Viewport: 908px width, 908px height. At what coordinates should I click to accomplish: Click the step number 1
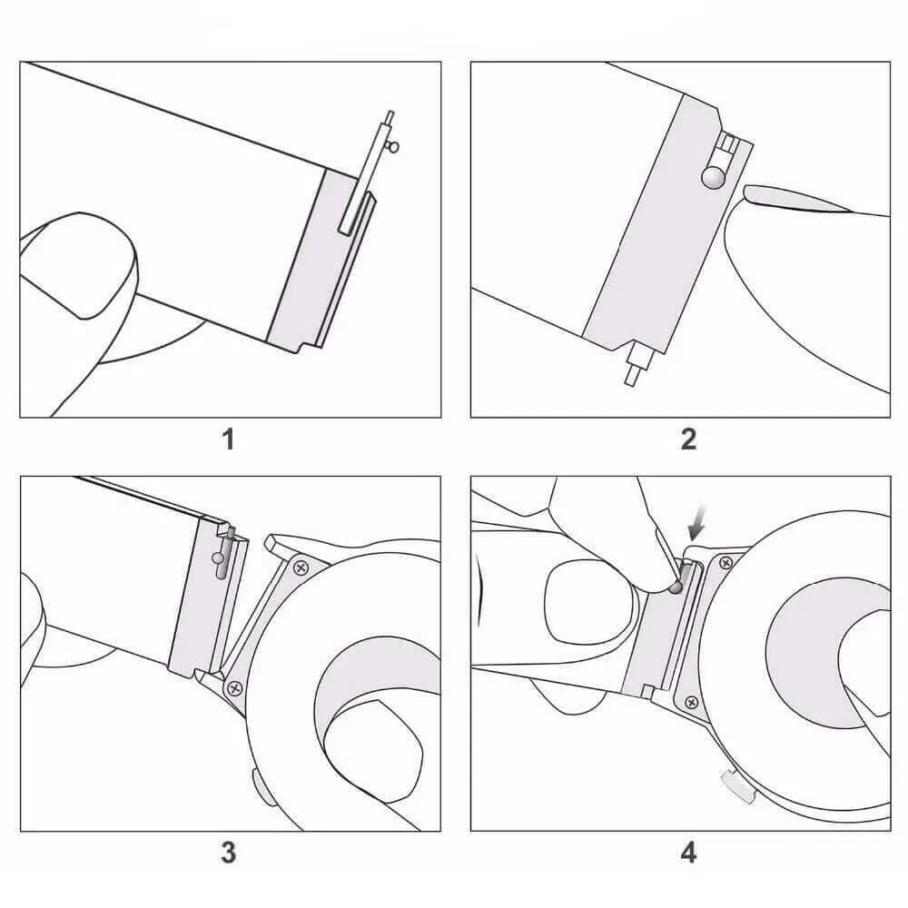[x=229, y=439]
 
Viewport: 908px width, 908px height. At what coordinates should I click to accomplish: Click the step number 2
[x=688, y=439]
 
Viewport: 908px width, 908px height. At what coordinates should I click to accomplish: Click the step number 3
[x=229, y=853]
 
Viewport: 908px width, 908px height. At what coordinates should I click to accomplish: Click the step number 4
[x=688, y=853]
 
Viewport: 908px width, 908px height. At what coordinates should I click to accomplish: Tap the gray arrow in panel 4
[x=697, y=521]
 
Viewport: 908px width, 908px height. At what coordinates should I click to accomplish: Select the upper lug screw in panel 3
[x=301, y=568]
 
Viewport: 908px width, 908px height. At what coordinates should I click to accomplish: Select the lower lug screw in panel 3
[x=234, y=688]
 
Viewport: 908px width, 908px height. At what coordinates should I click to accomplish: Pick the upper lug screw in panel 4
[x=725, y=562]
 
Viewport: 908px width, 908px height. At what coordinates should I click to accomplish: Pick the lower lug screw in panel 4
[x=691, y=703]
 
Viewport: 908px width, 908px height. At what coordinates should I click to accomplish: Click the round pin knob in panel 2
[x=713, y=177]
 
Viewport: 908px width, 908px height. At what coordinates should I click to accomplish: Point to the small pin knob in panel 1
[x=394, y=148]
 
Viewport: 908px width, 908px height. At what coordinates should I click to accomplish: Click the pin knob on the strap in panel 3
[x=217, y=558]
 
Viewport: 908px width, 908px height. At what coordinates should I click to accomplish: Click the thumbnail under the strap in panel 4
[x=585, y=602]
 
